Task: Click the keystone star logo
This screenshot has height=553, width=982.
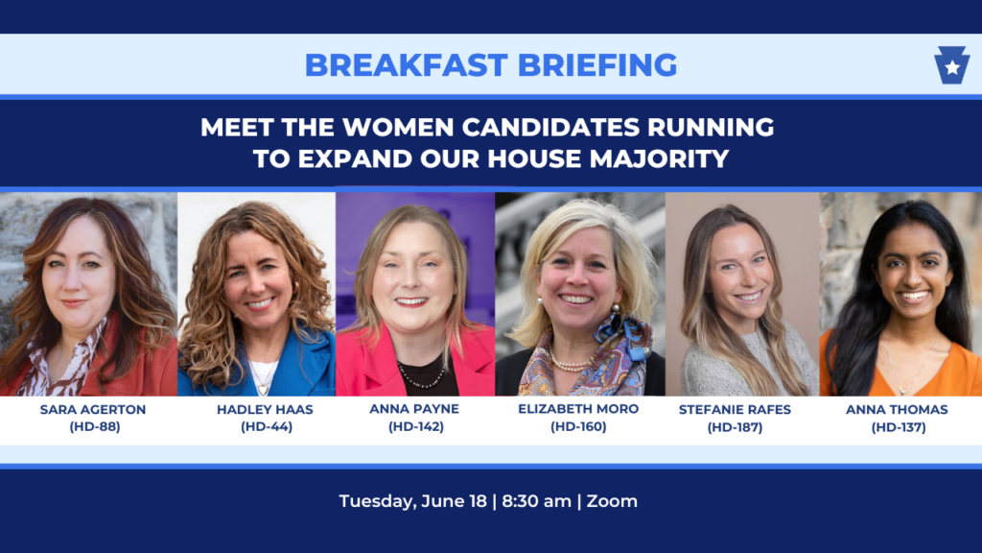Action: [952, 65]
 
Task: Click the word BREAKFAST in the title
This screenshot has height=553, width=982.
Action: [406, 65]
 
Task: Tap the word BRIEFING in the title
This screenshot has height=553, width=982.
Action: [597, 65]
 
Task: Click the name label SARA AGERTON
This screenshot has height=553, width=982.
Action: [93, 409]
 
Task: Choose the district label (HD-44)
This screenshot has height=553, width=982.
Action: [267, 427]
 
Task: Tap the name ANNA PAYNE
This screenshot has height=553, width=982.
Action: [414, 409]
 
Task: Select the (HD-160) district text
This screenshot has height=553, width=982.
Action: [578, 427]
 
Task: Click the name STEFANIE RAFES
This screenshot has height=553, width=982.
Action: [735, 409]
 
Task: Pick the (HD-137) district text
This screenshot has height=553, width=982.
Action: [899, 427]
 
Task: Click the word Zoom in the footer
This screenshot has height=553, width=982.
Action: [612, 501]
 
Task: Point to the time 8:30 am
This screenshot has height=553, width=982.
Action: [537, 501]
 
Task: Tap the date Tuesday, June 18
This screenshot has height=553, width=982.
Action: [412, 501]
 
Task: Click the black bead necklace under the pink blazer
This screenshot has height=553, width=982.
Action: [422, 376]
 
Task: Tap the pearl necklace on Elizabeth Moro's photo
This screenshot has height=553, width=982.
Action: [570, 364]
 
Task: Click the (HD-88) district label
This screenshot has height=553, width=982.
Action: [95, 427]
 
